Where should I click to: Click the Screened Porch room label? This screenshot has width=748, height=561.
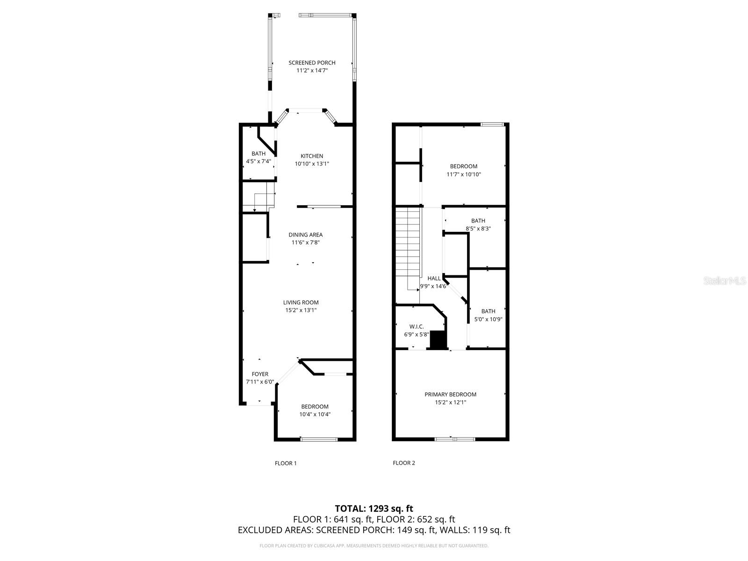click(x=312, y=63)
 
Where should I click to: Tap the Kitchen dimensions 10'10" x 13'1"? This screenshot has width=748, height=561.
click(x=312, y=164)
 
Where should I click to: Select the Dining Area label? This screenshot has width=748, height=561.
click(x=305, y=235)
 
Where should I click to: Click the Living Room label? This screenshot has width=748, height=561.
click(x=301, y=302)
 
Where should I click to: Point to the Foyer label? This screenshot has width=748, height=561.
click(x=260, y=374)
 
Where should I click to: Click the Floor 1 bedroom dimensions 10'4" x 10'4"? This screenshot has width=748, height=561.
click(x=315, y=414)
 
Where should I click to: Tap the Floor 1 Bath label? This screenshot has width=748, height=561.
click(x=258, y=153)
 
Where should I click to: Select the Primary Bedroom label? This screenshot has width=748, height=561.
click(x=450, y=395)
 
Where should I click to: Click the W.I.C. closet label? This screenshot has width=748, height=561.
click(x=416, y=327)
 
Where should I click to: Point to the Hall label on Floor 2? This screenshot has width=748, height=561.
click(x=434, y=278)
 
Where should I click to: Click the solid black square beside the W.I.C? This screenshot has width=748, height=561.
click(x=439, y=340)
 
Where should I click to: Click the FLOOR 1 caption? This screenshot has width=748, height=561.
click(x=285, y=463)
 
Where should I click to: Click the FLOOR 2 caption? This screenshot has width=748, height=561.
click(x=403, y=463)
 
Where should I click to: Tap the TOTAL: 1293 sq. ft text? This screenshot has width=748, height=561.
click(x=374, y=508)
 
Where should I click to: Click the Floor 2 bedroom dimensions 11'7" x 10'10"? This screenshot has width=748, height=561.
click(x=463, y=174)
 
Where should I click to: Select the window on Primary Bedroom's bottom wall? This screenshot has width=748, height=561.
click(x=455, y=439)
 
